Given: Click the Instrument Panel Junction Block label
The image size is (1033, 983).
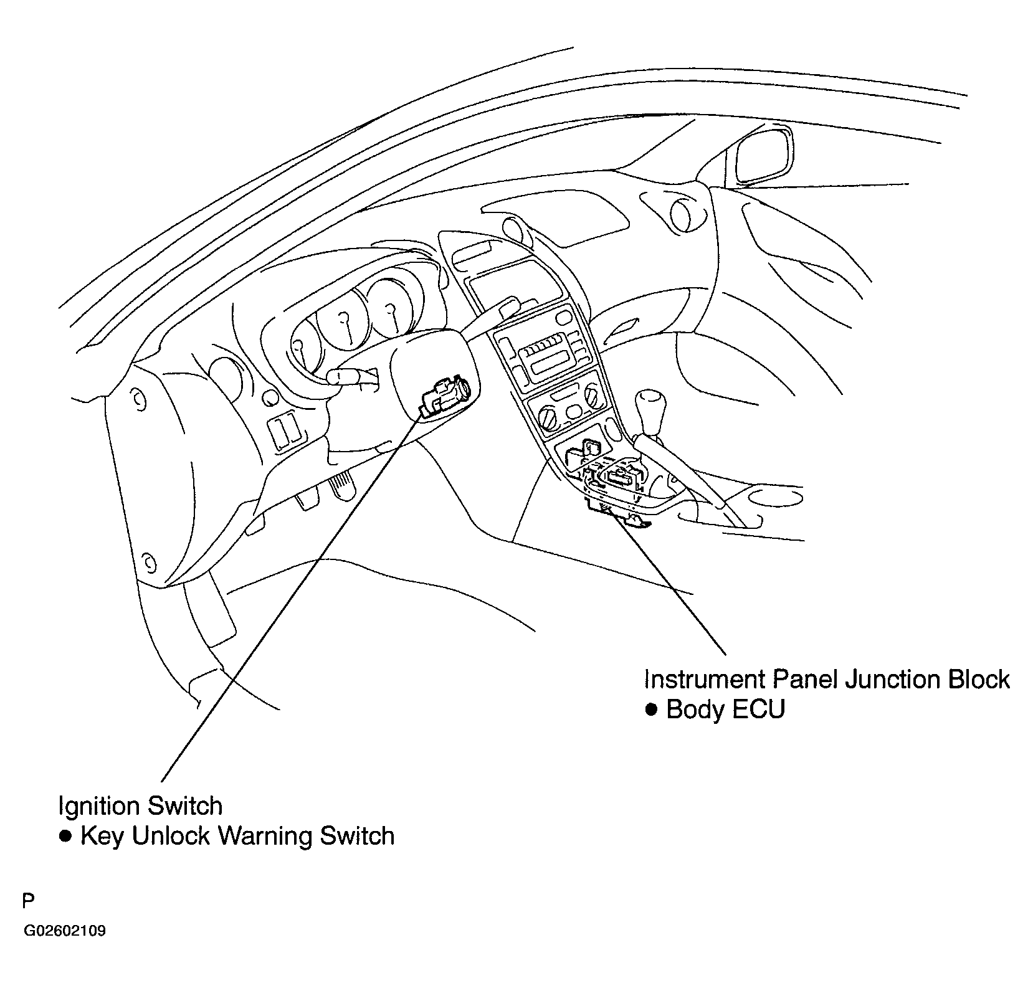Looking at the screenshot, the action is pyautogui.click(x=827, y=679).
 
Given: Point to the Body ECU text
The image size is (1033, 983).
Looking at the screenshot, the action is pyautogui.click(x=725, y=710).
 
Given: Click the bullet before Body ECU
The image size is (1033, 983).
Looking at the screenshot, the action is pyautogui.click(x=652, y=710).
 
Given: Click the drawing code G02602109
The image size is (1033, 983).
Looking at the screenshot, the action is pyautogui.click(x=65, y=932).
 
